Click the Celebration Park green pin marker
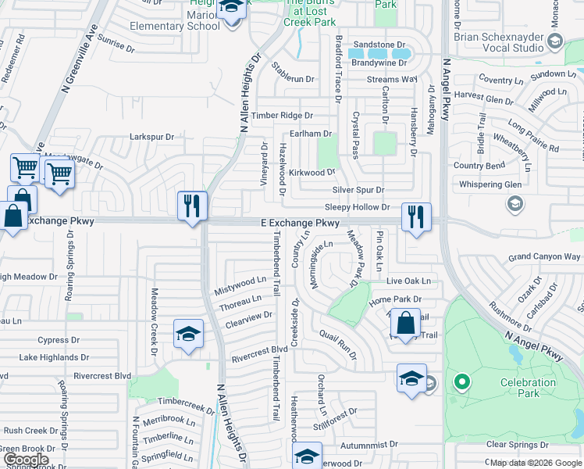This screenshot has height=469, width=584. pos(462,383)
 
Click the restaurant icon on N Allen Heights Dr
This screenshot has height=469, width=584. pos(192,206)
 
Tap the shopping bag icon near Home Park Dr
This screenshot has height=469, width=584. pos(406,322)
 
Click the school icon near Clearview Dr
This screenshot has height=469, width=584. pos(188,335)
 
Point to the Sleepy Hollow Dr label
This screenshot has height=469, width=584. pos(357,207)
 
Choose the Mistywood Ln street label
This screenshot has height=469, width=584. pos(240,285)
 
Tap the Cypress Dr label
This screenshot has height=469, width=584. pos(53,340)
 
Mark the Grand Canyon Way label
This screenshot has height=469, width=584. pos(544,256)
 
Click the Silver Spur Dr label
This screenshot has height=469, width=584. pos(358,190)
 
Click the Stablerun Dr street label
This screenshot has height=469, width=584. pos(293,79)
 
